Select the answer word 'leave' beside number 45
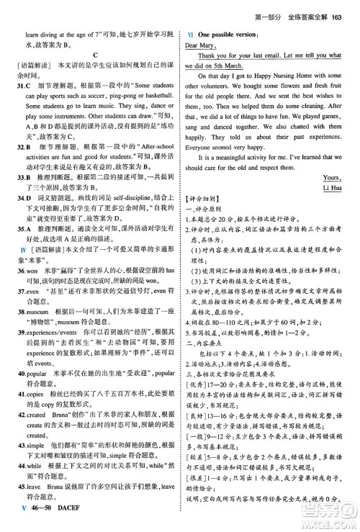pyautogui.click(x=42, y=507)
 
